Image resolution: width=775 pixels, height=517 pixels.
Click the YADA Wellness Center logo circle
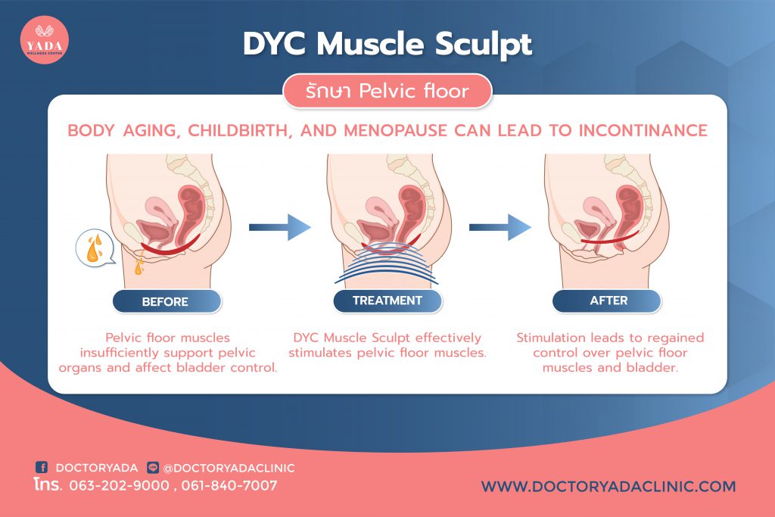pyautogui.click(x=44, y=40)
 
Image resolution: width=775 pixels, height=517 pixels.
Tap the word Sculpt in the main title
pyautogui.click(x=484, y=45)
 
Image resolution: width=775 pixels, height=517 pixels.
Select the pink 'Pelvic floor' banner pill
pyautogui.click(x=387, y=91)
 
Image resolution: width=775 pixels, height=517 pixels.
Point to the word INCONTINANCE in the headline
pyautogui.click(x=643, y=130)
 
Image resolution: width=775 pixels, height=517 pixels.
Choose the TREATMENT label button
pyautogui.click(x=387, y=301)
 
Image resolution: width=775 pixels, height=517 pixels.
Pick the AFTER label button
pyautogui.click(x=607, y=301)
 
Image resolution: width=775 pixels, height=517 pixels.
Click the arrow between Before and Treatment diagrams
pyautogui.click(x=280, y=227)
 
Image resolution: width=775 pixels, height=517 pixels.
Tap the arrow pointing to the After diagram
pyautogui.click(x=500, y=227)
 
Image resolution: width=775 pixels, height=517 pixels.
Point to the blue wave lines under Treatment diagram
pyautogui.click(x=386, y=264)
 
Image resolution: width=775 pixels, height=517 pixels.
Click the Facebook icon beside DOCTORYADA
pyautogui.click(x=42, y=467)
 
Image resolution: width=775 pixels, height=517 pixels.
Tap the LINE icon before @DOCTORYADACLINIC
pyautogui.click(x=153, y=467)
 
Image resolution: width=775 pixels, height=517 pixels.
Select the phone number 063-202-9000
pyautogui.click(x=119, y=486)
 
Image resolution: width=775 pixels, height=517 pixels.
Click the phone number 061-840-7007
pyautogui.click(x=229, y=486)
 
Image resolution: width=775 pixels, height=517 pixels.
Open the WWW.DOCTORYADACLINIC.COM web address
pyautogui.click(x=608, y=487)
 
